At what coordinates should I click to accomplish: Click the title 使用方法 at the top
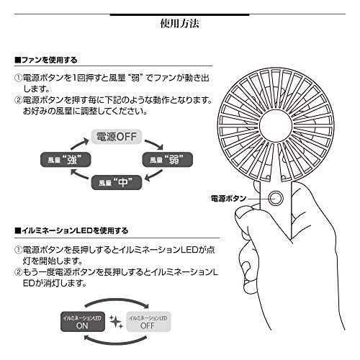click(179, 24)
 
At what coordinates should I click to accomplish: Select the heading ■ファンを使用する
click(46, 60)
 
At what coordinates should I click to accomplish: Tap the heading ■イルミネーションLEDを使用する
click(71, 230)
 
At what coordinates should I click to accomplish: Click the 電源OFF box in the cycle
click(117, 137)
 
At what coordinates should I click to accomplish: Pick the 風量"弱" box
click(168, 159)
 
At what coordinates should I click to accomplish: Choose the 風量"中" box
click(117, 183)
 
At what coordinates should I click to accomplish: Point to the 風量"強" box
click(66, 159)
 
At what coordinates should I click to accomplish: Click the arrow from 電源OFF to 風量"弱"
click(156, 143)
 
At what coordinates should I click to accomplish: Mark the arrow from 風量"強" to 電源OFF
click(79, 143)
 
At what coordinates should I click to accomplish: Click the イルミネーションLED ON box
click(83, 322)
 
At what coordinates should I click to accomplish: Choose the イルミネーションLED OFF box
click(148, 322)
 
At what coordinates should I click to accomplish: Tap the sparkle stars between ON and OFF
click(116, 322)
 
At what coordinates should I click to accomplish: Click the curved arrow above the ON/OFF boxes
click(115, 300)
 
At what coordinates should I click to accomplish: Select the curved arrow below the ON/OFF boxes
click(115, 343)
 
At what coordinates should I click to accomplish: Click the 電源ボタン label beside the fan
click(228, 199)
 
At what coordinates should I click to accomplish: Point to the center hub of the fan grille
click(276, 126)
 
